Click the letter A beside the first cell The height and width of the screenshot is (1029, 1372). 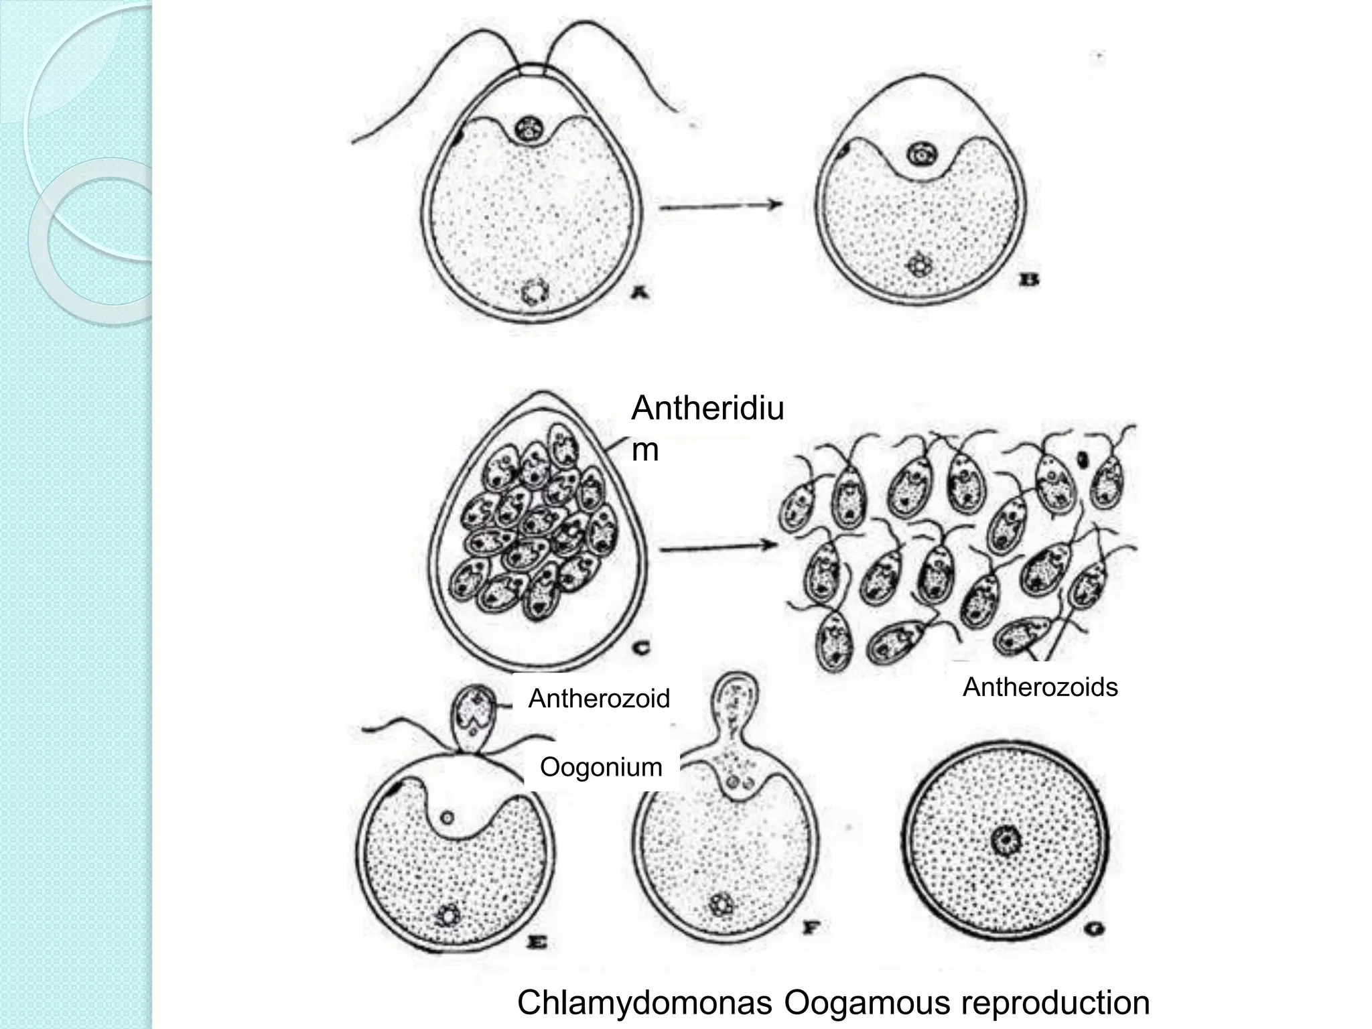tap(642, 291)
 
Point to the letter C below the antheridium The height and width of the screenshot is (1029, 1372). tap(642, 647)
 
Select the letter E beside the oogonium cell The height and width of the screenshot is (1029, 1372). tap(538, 943)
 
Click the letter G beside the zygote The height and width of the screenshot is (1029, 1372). tap(1097, 929)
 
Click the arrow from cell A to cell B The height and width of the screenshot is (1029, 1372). tap(721, 206)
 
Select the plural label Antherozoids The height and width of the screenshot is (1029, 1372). tap(1040, 687)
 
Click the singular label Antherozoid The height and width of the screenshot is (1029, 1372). tap(599, 699)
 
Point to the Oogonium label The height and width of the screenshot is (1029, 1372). tap(601, 767)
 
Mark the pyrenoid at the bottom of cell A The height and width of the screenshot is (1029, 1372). tap(535, 291)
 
